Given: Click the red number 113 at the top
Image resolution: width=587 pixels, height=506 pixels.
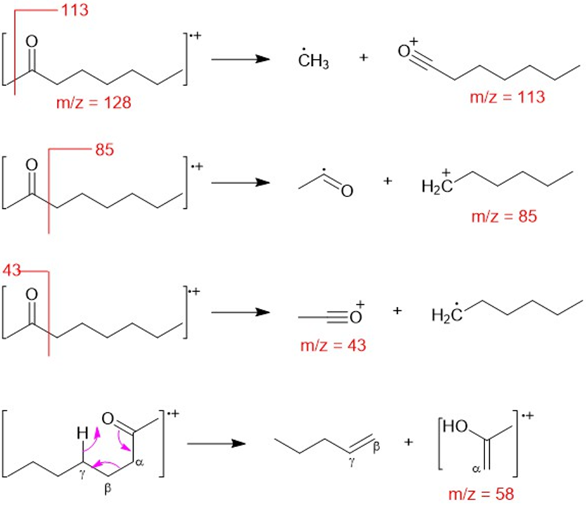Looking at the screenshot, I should click(x=75, y=10).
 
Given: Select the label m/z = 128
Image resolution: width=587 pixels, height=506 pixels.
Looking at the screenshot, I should click(x=95, y=104).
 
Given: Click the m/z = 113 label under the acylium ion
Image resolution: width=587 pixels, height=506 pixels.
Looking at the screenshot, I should click(x=507, y=97).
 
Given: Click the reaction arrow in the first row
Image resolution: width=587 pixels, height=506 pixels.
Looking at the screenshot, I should click(x=241, y=59).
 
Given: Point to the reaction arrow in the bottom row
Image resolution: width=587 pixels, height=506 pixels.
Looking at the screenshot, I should click(x=216, y=444).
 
